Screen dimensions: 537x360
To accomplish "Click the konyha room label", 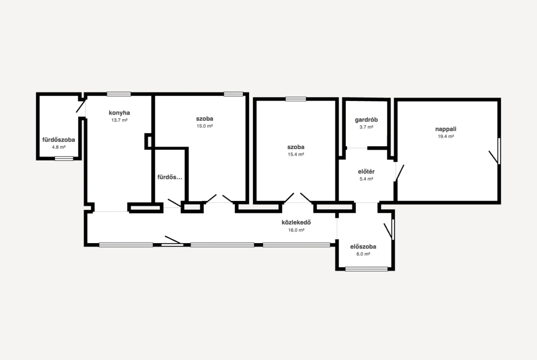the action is [x=119, y=112].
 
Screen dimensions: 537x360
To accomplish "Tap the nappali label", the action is [x=446, y=129].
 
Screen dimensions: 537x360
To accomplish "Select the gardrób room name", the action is [x=366, y=120].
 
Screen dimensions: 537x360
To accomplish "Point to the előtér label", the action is [x=366, y=172].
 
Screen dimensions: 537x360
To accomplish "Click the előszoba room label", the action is [x=363, y=246].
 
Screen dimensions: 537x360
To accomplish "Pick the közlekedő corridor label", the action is [x=296, y=222].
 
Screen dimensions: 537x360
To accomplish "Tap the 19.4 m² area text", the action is [x=446, y=136].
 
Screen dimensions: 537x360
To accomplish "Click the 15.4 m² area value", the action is [x=296, y=155].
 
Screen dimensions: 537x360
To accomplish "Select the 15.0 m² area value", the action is [x=204, y=126].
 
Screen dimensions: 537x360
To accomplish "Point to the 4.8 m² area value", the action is [x=59, y=147].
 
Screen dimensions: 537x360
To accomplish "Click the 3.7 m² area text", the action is [x=366, y=127].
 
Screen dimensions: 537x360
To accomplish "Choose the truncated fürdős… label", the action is [x=169, y=177].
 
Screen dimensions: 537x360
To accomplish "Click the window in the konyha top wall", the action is [x=119, y=94].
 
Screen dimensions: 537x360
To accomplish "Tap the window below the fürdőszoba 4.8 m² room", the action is [x=64, y=158].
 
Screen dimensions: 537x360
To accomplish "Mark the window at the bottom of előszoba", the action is [x=366, y=269].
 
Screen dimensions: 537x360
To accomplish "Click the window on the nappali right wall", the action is [x=499, y=151].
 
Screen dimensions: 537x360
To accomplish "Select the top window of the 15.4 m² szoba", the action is [x=296, y=99].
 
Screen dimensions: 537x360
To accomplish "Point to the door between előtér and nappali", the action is [x=399, y=173].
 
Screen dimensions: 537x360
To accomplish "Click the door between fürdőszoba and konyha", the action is [x=81, y=106].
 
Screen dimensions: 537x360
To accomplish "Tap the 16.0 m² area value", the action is [x=296, y=230].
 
